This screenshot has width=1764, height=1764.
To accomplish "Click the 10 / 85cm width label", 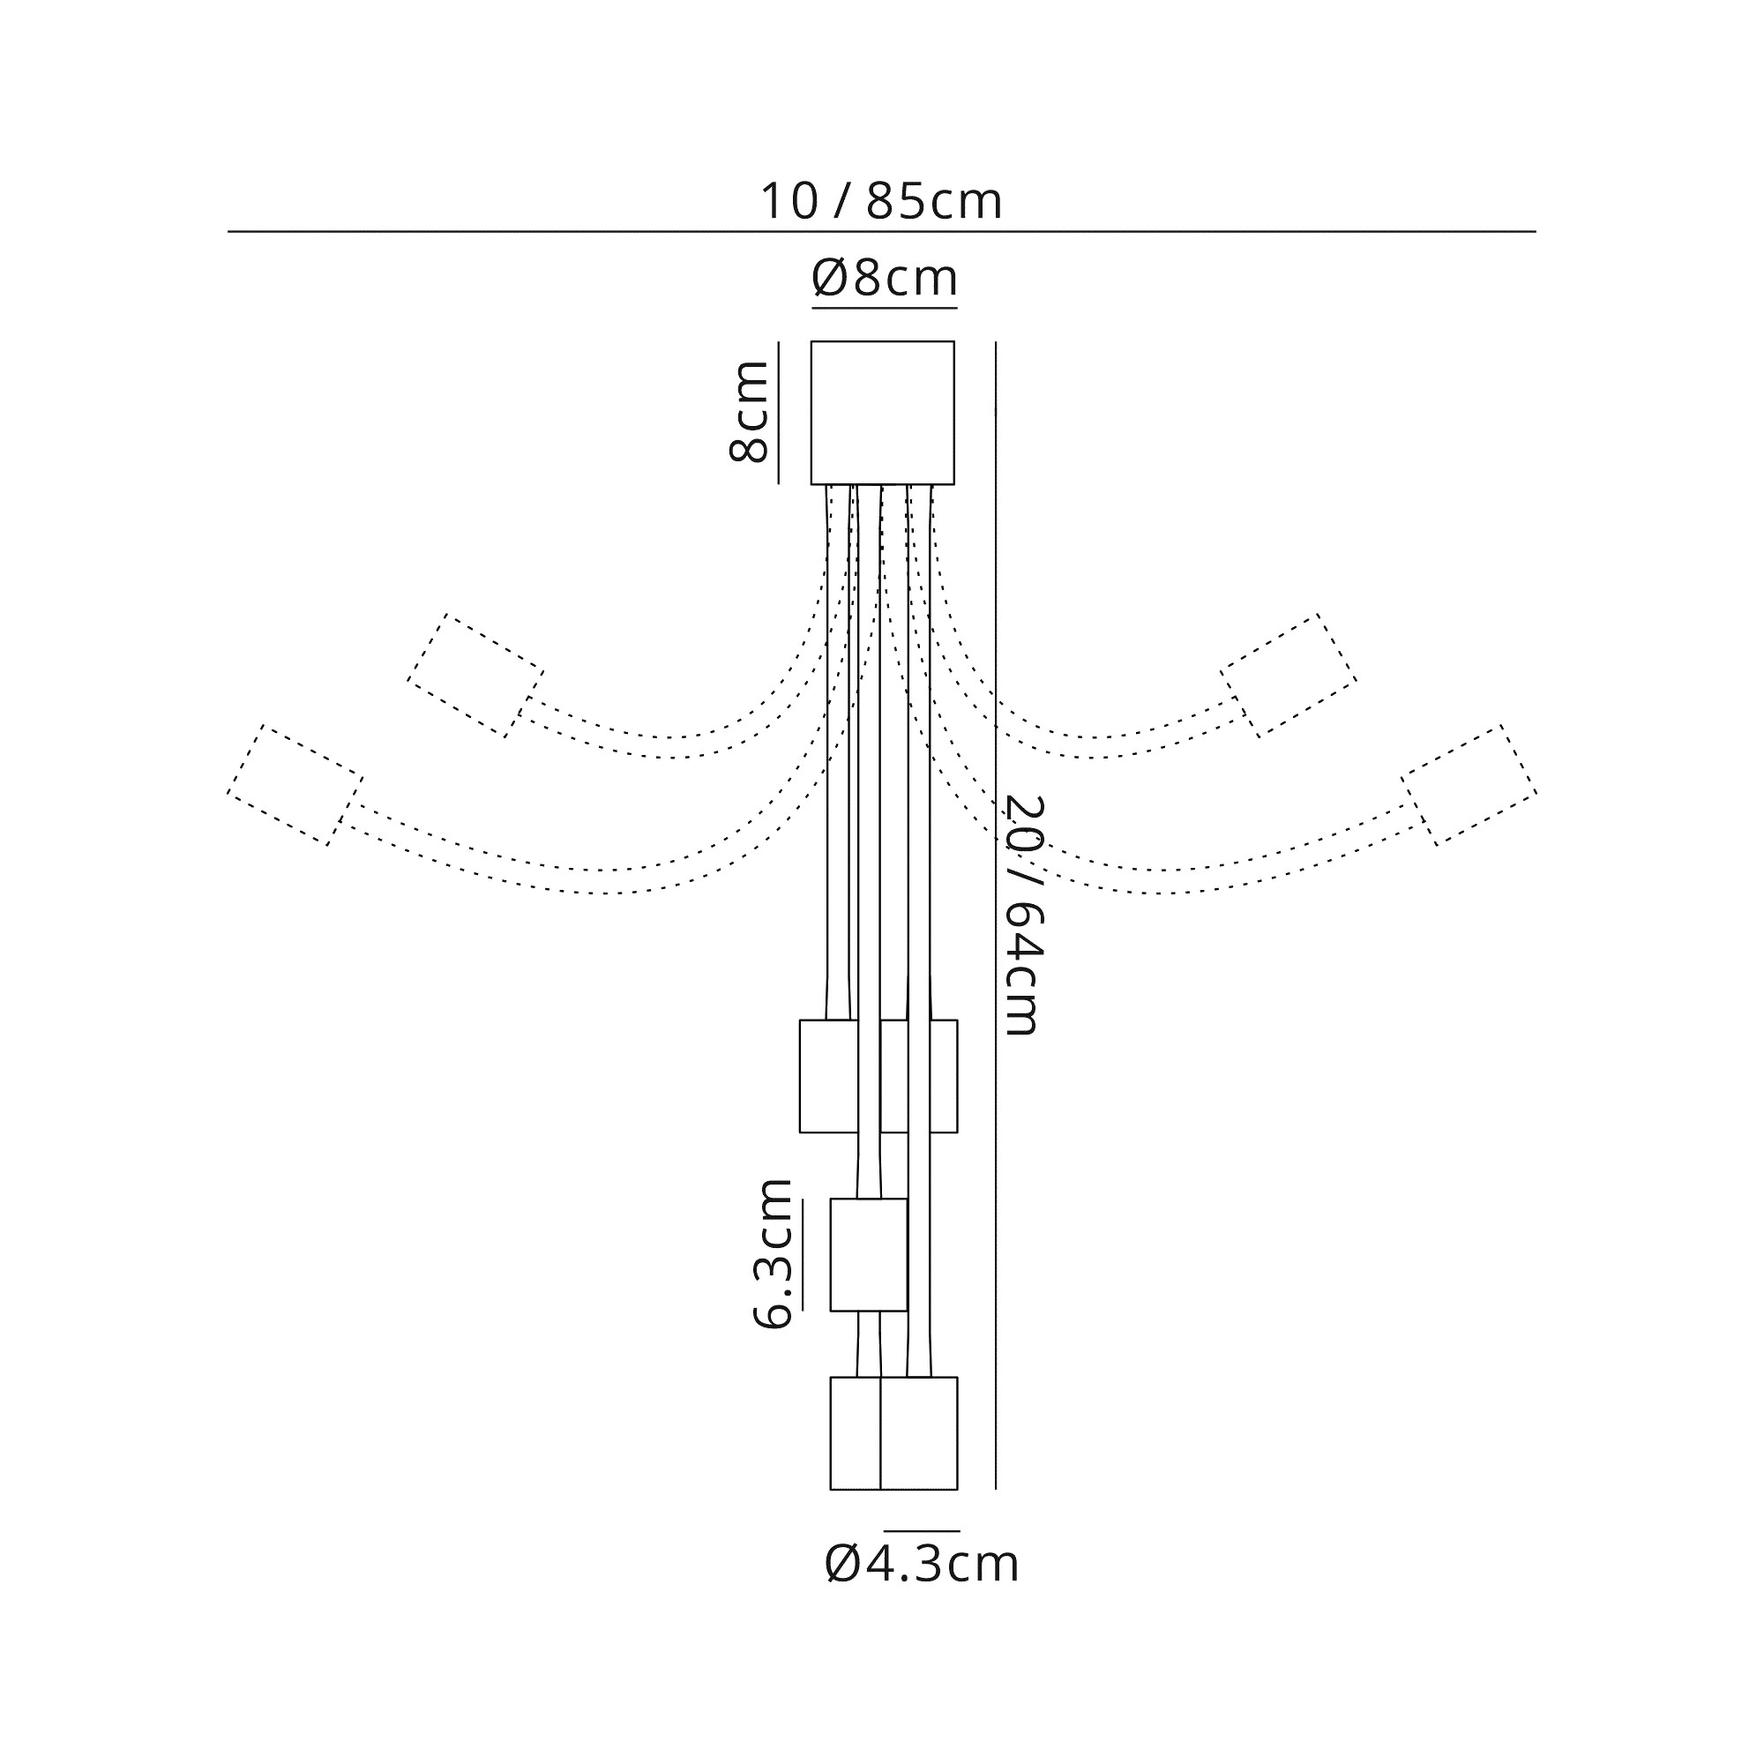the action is (882, 202).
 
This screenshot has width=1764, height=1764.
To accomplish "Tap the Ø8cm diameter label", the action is (884, 278).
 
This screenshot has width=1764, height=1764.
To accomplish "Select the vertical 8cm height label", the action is (749, 412).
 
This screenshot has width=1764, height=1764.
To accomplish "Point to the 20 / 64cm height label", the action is (1022, 916).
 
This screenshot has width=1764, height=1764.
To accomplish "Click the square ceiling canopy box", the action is (883, 413).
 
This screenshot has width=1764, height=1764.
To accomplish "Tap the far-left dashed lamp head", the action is (295, 785).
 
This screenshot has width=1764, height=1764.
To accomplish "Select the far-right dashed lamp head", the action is (1470, 785).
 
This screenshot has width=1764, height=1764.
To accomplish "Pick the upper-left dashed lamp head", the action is (475, 676).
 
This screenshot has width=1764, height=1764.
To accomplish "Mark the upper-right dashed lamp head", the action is (1289, 676).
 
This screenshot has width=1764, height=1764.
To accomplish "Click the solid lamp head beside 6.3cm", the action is (868, 1254).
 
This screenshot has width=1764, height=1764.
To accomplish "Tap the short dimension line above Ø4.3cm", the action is (922, 1530).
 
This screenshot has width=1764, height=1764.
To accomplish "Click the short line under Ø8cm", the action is (884, 309).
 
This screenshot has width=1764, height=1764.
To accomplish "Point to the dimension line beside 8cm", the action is (779, 413).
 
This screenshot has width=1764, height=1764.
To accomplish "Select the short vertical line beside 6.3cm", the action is (803, 1254).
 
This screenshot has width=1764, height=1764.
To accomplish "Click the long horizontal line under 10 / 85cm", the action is (882, 232).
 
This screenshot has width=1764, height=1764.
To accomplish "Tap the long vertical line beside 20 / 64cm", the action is (996, 915).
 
